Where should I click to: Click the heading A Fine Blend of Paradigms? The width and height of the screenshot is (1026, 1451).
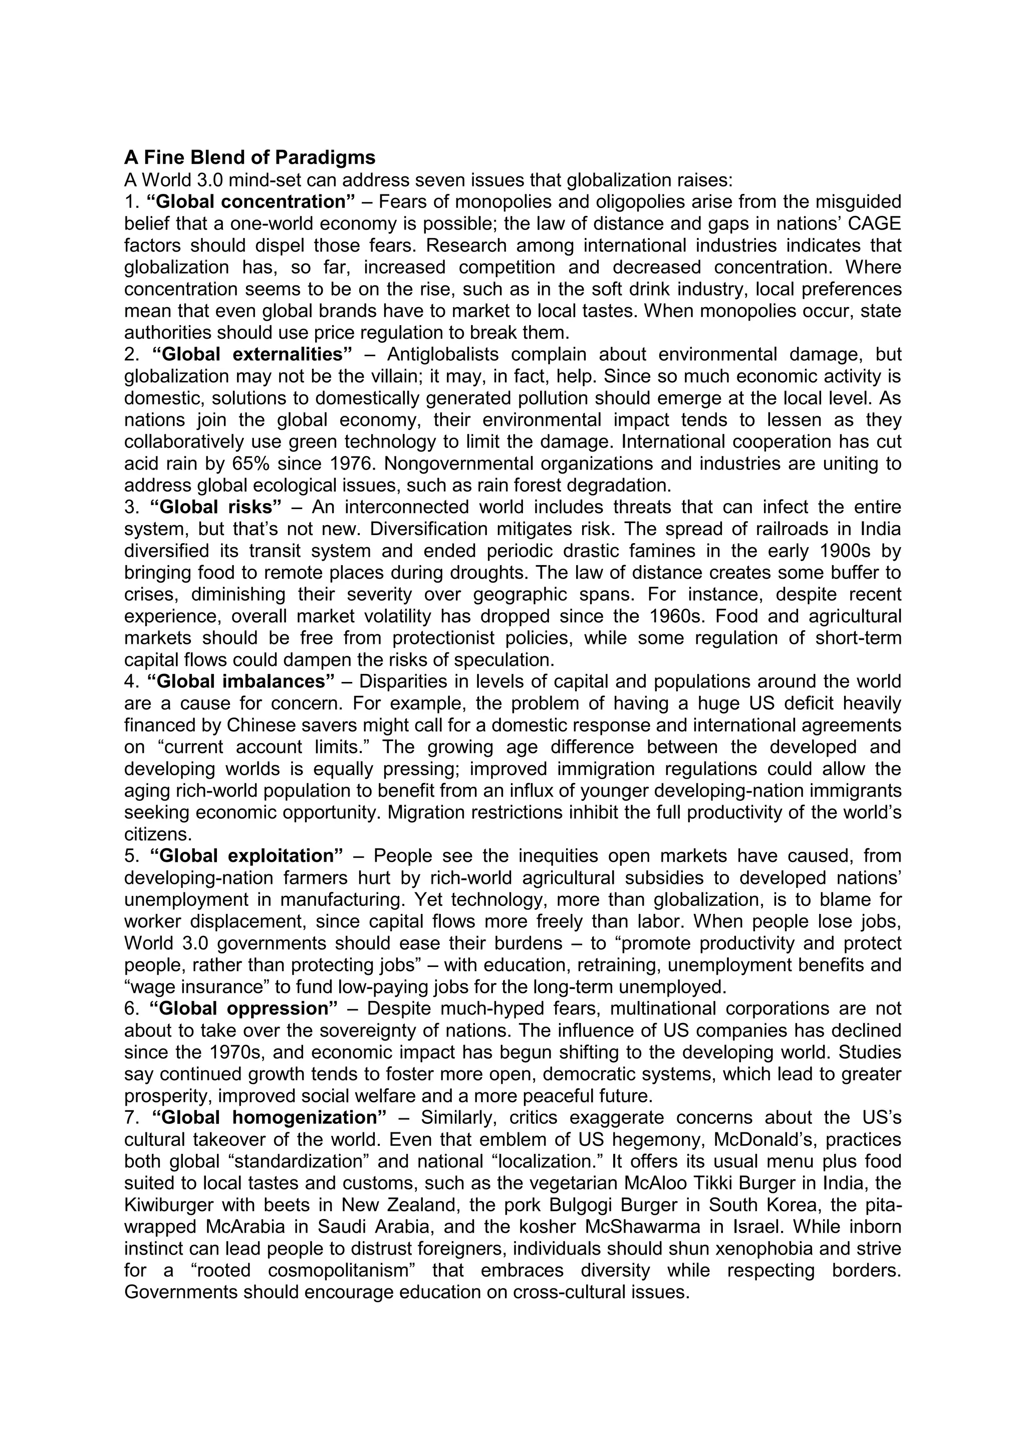[249, 157]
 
